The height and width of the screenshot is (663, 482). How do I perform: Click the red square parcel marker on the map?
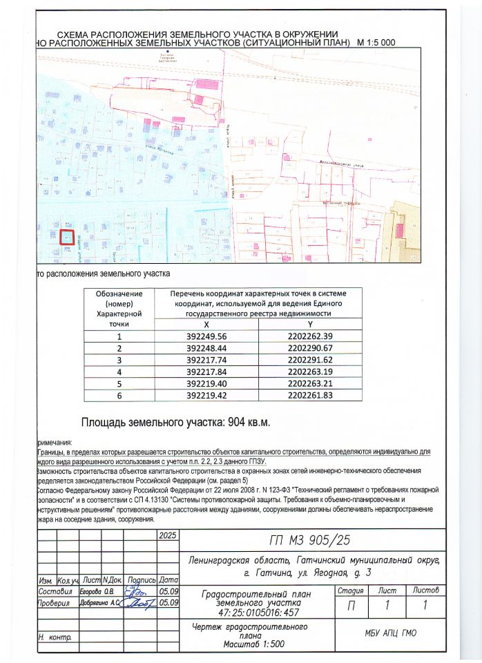(66, 237)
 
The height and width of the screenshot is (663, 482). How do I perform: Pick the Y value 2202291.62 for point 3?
(309, 359)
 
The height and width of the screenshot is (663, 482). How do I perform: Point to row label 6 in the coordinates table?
(119, 396)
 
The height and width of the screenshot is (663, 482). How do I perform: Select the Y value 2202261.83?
(309, 396)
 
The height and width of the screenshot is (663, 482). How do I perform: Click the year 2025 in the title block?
(168, 535)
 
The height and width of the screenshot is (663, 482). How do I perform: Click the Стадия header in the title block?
(351, 590)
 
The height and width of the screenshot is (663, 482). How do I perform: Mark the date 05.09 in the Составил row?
(169, 592)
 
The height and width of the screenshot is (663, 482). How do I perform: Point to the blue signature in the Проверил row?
(138, 604)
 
